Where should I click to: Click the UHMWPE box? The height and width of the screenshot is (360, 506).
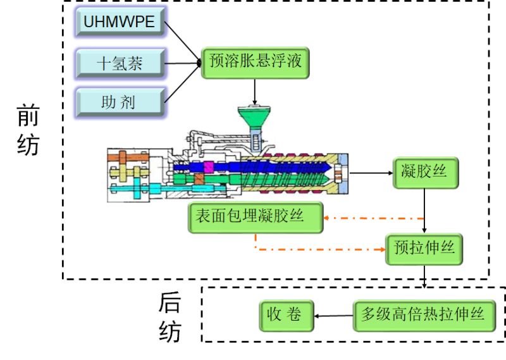pos(119,23)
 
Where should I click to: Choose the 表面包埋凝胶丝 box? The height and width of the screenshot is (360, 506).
pos(256,216)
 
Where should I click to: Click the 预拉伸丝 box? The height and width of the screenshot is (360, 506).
pos(424,248)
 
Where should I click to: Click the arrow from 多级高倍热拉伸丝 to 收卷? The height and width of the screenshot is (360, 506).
pos(333,314)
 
